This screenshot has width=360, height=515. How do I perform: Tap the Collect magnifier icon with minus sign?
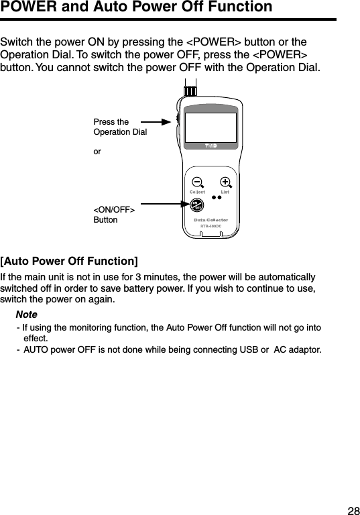[x=197, y=182]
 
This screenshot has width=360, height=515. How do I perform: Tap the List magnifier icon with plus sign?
[x=226, y=182]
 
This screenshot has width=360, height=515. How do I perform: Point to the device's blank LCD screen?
[x=211, y=127]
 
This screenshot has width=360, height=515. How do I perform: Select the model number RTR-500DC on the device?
[x=211, y=227]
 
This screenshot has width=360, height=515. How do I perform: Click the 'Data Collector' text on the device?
[x=211, y=220]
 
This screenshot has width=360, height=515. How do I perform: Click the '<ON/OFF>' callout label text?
[x=114, y=211]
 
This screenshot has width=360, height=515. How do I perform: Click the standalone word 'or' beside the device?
[x=97, y=152]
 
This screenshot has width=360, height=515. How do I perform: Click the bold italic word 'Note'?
[x=26, y=314]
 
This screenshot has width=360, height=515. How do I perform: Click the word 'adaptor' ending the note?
[x=304, y=349]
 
